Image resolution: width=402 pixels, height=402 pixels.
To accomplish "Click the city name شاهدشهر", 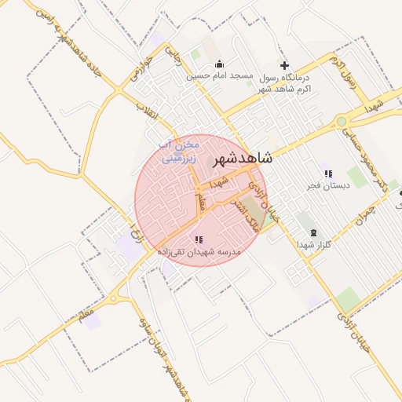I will [x=243, y=159].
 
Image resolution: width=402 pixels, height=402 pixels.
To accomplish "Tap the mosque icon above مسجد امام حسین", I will [x=219, y=64].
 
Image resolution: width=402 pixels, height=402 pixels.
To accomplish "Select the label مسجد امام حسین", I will [x=219, y=76].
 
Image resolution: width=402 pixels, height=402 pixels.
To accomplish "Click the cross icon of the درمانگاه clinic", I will [x=284, y=65].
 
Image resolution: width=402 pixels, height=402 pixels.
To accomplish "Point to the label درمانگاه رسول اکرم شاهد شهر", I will [x=284, y=83].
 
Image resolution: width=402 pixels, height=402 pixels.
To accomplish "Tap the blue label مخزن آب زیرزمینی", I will [x=181, y=151].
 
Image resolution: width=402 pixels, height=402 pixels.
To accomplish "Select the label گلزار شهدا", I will [x=314, y=245].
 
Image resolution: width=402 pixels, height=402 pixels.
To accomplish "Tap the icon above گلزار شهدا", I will [x=315, y=232].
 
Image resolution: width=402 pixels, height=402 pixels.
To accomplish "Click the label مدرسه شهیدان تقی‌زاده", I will [x=199, y=252].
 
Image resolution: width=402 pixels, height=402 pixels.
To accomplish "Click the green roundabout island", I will [x=342, y=121].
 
